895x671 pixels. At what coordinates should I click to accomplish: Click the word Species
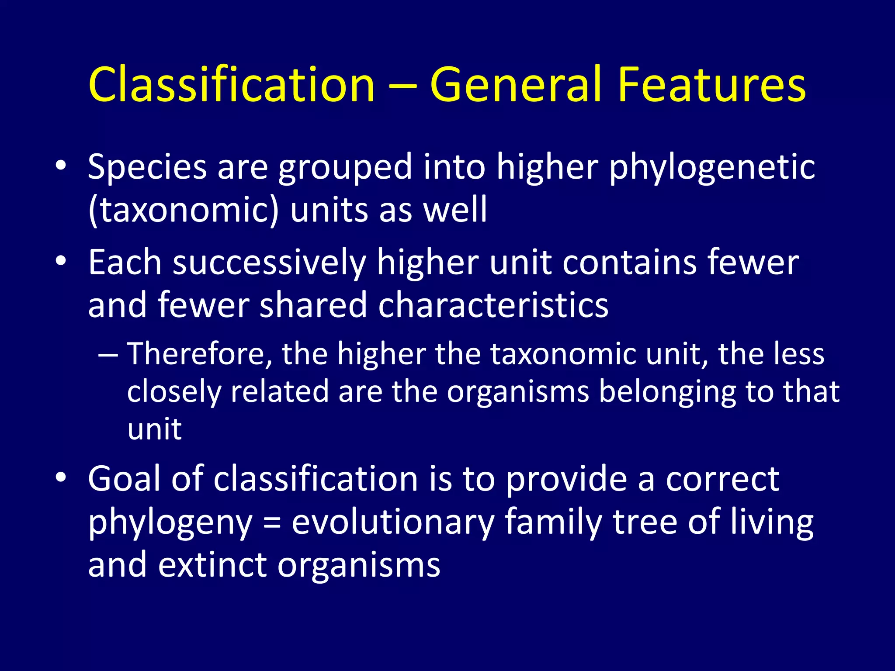147,167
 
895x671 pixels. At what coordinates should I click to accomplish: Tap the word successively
269,263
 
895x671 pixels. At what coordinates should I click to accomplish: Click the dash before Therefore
108,355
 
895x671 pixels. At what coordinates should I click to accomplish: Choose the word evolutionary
393,522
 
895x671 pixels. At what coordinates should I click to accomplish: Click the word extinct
212,565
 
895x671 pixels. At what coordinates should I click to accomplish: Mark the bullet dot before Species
61,166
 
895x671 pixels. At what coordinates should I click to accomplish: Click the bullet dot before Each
61,261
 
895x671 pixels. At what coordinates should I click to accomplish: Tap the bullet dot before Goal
61,477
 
